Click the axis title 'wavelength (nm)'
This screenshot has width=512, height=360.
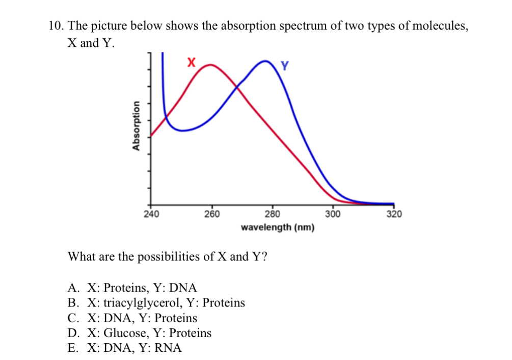[278, 227]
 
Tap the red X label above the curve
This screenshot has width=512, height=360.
[191, 63]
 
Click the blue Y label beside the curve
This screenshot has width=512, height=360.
[285, 66]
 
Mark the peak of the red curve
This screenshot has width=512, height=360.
[210, 65]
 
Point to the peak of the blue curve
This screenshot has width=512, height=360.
[266, 61]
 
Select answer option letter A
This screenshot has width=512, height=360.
[73, 288]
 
